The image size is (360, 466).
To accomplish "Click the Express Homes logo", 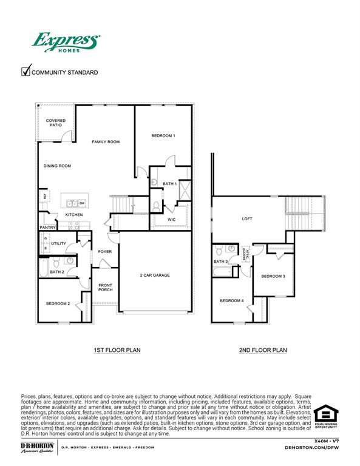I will [65, 44].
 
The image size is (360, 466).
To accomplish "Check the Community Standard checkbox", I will [26, 72].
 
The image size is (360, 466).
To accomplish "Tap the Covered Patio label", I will [56, 123].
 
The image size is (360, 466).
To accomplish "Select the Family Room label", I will [106, 142].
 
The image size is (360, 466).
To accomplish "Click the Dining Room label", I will [57, 166].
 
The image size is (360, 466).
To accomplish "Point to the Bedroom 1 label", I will [163, 136].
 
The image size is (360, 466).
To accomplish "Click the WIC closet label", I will [172, 220].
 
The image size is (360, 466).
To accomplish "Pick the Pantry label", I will [48, 228].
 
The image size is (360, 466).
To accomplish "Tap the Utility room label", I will [59, 243].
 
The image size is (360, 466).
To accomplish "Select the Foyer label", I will [105, 251].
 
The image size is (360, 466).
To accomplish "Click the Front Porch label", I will [105, 288].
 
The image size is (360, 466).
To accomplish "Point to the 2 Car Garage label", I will [155, 275].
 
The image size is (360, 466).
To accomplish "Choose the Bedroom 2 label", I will [58, 303].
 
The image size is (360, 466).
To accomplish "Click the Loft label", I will [246, 219].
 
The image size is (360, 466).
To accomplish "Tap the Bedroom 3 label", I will [273, 276].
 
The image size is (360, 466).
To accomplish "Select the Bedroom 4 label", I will [231, 301].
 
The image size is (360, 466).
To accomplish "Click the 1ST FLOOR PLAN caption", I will [117, 350].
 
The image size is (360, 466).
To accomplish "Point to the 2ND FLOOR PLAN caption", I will [263, 350].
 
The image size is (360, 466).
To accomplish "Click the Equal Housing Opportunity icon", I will [326, 417].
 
